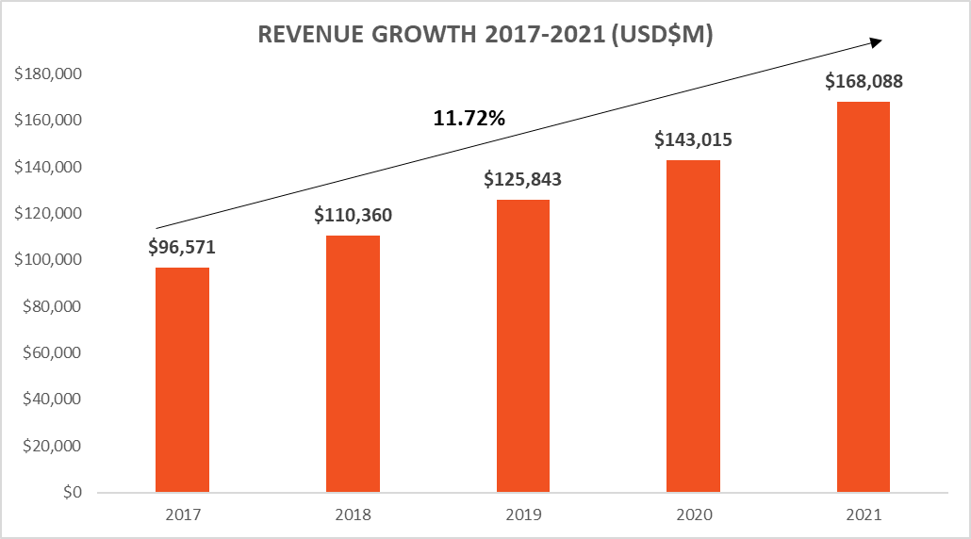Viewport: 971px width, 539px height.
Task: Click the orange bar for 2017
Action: pos(182,380)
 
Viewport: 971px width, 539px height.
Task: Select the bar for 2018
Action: pos(353,364)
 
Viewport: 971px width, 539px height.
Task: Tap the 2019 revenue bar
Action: pos(523,346)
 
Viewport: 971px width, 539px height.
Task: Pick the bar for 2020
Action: pos(693,326)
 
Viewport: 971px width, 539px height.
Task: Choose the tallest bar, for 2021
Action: pos(864,297)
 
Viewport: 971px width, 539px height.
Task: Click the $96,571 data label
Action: pos(184,248)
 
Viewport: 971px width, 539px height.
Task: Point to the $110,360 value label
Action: pos(354,215)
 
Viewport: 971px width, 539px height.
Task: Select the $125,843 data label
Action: pos(523,179)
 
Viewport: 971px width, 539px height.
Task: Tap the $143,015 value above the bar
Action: pos(694,139)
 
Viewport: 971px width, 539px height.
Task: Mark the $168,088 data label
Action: pos(864,81)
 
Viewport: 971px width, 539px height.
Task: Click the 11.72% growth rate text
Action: pos(469,119)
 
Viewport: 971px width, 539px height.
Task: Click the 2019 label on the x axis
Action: pos(523,515)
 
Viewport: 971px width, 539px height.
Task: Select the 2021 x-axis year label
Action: pos(864,515)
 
